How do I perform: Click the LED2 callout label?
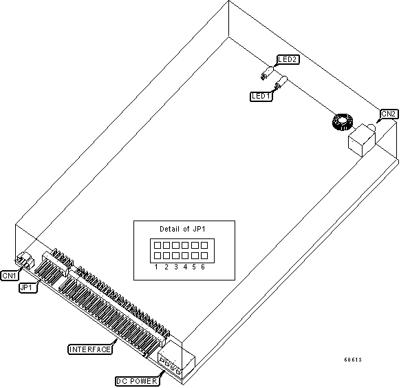click(288, 59)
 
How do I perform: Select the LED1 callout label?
click(261, 96)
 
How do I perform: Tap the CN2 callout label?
click(389, 114)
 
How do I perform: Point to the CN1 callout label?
click(10, 276)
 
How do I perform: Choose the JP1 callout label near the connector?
click(28, 287)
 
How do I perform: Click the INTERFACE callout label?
click(90, 349)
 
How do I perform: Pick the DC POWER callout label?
click(137, 381)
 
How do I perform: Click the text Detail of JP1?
click(182, 229)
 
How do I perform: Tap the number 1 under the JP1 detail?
click(156, 267)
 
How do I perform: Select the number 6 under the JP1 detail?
click(203, 267)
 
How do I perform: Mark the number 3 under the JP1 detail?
click(176, 267)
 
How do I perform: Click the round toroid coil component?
click(343, 122)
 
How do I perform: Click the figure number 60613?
click(353, 360)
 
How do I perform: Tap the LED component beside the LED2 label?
click(267, 73)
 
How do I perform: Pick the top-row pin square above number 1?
click(157, 245)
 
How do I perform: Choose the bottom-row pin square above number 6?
click(204, 256)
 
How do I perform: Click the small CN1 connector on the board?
click(25, 260)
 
